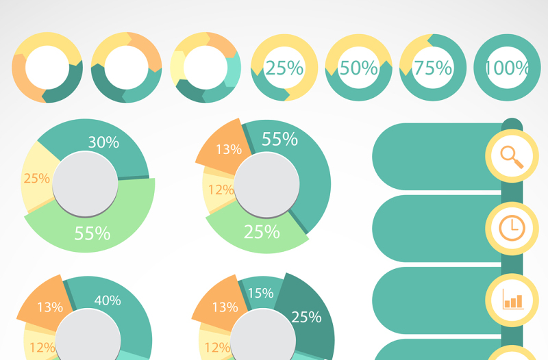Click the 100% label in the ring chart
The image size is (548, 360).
pyautogui.click(x=508, y=68)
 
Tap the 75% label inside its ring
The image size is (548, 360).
pyautogui.click(x=433, y=68)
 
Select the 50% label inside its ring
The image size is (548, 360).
pyautogui.click(x=359, y=68)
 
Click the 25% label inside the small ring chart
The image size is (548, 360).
pyautogui.click(x=284, y=68)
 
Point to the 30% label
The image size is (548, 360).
pyautogui.click(x=103, y=142)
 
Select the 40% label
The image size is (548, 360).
pyautogui.click(x=108, y=300)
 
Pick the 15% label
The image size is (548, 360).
pyautogui.click(x=260, y=294)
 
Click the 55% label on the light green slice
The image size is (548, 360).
pyautogui.click(x=92, y=233)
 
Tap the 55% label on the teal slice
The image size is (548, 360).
pyautogui.click(x=279, y=140)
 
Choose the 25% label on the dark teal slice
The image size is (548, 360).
pyautogui.click(x=306, y=317)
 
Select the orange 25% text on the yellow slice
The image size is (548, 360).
pyautogui.click(x=36, y=179)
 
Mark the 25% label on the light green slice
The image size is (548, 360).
pyautogui.click(x=262, y=232)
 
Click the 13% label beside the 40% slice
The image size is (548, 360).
pyautogui.click(x=50, y=307)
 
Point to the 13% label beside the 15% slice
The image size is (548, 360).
pyautogui.click(x=225, y=307)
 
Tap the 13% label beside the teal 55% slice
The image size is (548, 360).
pyautogui.click(x=229, y=149)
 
